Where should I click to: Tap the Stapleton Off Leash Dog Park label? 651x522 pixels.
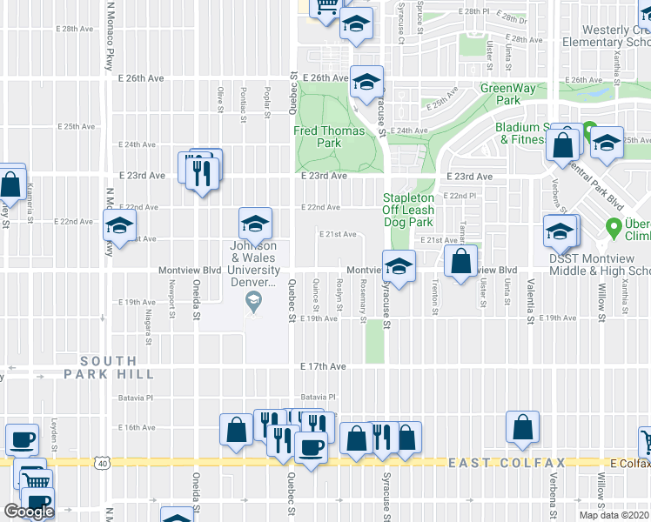click(409, 210)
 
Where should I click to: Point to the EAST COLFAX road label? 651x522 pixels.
click(507, 463)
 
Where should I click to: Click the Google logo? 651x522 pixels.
click(29, 512)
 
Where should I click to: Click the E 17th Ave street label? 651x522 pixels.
click(324, 367)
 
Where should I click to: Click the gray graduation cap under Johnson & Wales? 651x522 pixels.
click(253, 302)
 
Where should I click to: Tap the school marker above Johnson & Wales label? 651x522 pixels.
click(255, 224)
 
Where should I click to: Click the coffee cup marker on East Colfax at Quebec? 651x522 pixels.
click(311, 447)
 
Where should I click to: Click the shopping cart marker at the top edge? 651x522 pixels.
click(327, 7)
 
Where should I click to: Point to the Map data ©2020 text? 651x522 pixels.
click(614, 515)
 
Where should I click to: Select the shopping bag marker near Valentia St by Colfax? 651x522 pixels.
click(522, 427)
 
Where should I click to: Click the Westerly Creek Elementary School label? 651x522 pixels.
click(607, 36)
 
